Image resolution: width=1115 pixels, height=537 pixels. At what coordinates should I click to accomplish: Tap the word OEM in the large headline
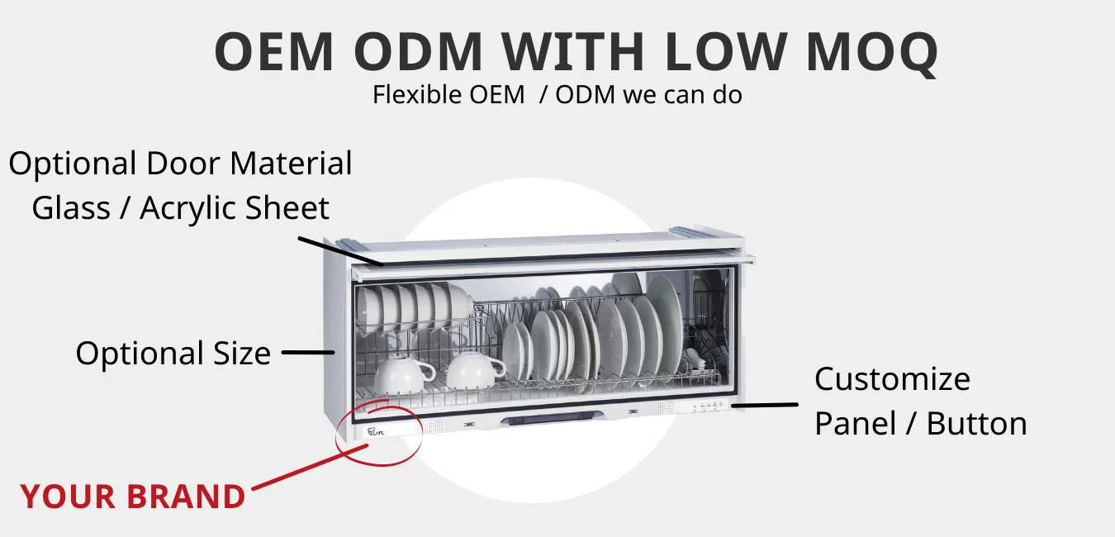(273, 52)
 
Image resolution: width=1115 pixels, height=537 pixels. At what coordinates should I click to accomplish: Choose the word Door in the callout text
(185, 164)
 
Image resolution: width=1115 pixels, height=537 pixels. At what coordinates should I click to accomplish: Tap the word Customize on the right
(892, 379)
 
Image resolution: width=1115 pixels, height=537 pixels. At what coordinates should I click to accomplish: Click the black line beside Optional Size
(306, 353)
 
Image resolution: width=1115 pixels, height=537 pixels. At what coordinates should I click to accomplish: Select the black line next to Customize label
(765, 405)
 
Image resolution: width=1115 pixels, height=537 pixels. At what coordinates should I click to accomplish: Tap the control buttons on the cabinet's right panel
(709, 406)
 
